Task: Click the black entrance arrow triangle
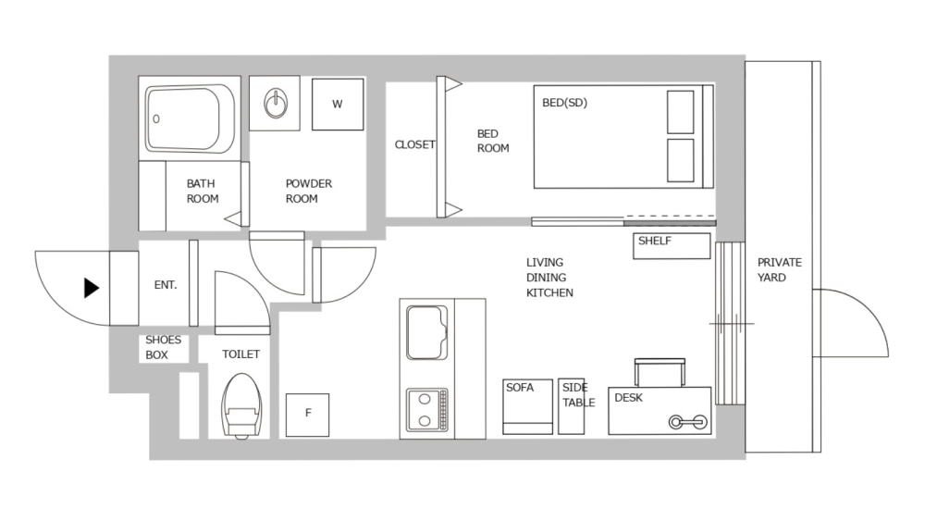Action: tap(91, 288)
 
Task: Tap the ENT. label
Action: tap(166, 285)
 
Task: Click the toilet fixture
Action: tap(243, 405)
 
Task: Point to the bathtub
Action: tap(190, 118)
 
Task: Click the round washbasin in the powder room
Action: tap(276, 104)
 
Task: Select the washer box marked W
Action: tap(337, 105)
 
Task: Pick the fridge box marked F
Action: tap(307, 414)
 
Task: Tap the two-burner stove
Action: tap(426, 409)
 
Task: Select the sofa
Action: tap(527, 405)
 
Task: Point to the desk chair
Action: tap(660, 372)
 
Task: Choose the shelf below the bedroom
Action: tap(672, 246)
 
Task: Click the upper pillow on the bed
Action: tap(681, 112)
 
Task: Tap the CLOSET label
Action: tap(414, 144)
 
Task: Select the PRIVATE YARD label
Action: tap(780, 269)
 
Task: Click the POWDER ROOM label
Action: tap(308, 191)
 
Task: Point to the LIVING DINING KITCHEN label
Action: tap(549, 278)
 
